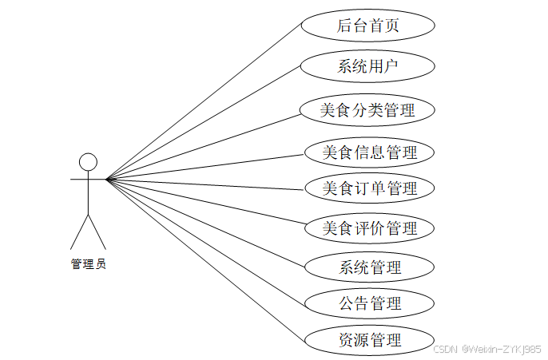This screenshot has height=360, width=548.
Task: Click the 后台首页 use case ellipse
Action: [368, 26]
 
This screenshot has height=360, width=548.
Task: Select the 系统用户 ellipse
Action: [368, 67]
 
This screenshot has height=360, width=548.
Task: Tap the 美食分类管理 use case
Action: [368, 110]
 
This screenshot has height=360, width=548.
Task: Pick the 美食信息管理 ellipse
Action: [370, 152]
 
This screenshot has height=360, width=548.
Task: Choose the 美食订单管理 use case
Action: [370, 189]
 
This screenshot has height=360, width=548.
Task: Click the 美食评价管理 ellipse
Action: [370, 228]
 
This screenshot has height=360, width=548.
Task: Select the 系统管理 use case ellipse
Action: [370, 267]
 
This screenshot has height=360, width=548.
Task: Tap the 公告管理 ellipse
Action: [370, 303]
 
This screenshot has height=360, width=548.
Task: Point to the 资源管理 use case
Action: [370, 340]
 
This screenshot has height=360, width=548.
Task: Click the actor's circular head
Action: [88, 161]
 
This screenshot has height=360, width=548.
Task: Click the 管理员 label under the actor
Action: [88, 264]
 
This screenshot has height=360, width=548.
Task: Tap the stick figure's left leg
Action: [79, 231]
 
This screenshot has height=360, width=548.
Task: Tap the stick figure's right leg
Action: [97, 231]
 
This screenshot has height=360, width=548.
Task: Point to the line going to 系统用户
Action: [204, 123]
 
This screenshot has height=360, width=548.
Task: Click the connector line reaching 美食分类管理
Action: [204, 145]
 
